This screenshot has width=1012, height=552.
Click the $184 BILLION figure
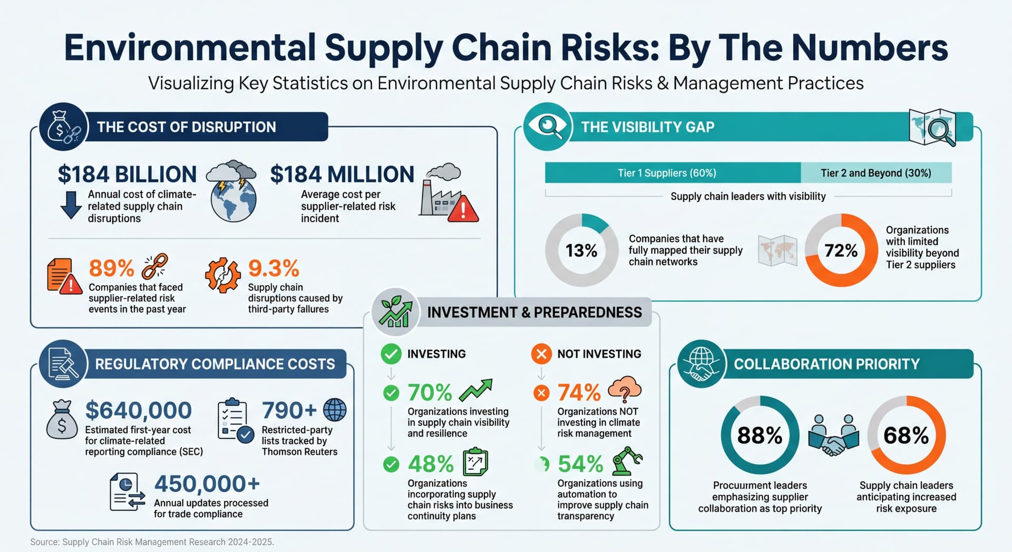tap(127, 175)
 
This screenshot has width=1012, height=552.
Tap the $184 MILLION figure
tap(342, 175)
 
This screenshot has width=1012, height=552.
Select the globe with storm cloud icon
tap(232, 191)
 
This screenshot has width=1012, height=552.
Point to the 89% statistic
tap(111, 268)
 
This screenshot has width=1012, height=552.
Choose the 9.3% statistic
tap(274, 268)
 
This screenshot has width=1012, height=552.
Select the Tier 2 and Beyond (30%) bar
tap(876, 173)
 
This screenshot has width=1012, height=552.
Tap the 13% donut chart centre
tap(581, 250)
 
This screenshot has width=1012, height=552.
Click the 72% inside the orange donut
tap(841, 250)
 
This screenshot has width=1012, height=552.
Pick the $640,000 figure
tap(138, 410)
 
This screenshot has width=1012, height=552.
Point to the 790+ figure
tap(289, 410)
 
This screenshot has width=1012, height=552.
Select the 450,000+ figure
tap(207, 483)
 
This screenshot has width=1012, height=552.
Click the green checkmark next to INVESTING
tap(391, 354)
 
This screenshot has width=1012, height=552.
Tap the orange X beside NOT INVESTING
tap(541, 354)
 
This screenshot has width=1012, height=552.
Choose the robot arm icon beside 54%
tap(626, 461)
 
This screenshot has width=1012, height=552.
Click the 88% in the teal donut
tap(760, 435)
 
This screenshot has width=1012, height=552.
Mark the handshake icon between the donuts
tap(833, 436)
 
